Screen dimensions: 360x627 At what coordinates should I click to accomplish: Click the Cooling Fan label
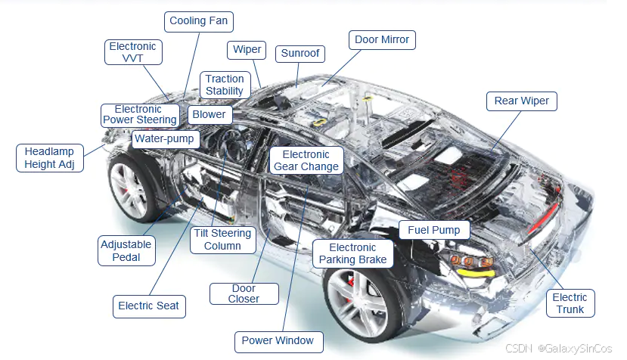tap(199, 21)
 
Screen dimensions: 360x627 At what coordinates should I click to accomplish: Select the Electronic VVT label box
tap(132, 52)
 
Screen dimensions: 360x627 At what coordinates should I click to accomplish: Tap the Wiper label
tap(247, 50)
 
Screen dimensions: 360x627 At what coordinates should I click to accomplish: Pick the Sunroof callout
tap(300, 53)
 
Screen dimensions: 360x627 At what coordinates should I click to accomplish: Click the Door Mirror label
tap(382, 39)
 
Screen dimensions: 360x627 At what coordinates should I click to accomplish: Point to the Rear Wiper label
tap(521, 101)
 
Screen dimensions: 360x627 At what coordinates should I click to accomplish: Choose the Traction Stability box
tap(225, 85)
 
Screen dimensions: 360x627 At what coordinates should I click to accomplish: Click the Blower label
tap(209, 114)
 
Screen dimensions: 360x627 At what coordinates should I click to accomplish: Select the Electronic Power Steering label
tap(140, 114)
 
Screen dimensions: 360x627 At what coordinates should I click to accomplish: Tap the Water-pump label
tap(164, 139)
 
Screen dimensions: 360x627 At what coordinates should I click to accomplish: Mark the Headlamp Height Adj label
tap(49, 158)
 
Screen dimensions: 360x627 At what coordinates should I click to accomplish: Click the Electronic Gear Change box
tap(306, 160)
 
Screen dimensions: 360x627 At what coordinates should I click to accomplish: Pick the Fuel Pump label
tap(434, 230)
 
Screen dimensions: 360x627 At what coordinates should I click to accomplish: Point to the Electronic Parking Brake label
tap(352, 253)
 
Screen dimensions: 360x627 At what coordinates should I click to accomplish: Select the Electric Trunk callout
tap(570, 303)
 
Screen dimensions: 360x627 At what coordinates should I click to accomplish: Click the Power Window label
tap(278, 341)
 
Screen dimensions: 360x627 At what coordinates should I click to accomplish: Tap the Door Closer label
tap(244, 293)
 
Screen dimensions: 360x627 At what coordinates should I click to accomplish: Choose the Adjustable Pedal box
tap(126, 250)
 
